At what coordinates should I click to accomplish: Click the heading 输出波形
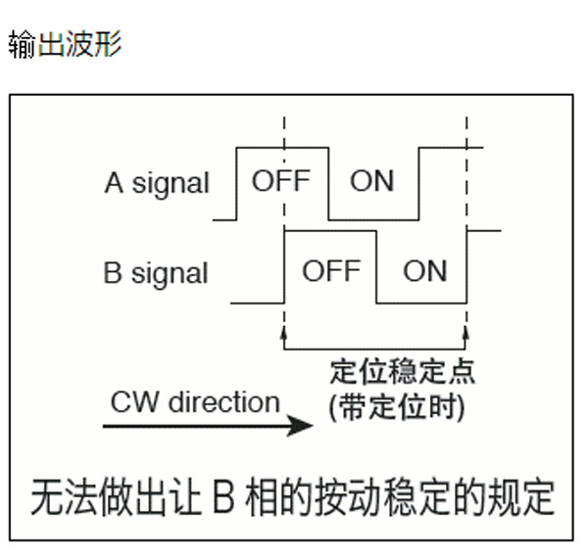(66, 44)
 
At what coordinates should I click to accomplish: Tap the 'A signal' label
(157, 183)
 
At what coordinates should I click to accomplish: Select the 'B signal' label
(155, 273)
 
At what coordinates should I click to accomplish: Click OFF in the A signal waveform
(281, 180)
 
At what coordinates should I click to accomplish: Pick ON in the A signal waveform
(371, 180)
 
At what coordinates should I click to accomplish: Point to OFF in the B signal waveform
(331, 270)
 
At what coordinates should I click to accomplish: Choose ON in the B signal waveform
(425, 270)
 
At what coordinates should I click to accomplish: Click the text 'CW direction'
(195, 402)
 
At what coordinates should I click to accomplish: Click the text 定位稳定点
(403, 371)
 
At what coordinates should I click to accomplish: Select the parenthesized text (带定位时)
(396, 407)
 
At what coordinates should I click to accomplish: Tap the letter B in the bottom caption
(223, 497)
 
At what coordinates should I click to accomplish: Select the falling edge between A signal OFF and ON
(328, 184)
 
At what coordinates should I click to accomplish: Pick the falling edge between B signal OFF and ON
(376, 267)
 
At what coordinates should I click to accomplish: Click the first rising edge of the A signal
(236, 184)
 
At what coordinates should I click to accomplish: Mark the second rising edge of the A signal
(418, 184)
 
